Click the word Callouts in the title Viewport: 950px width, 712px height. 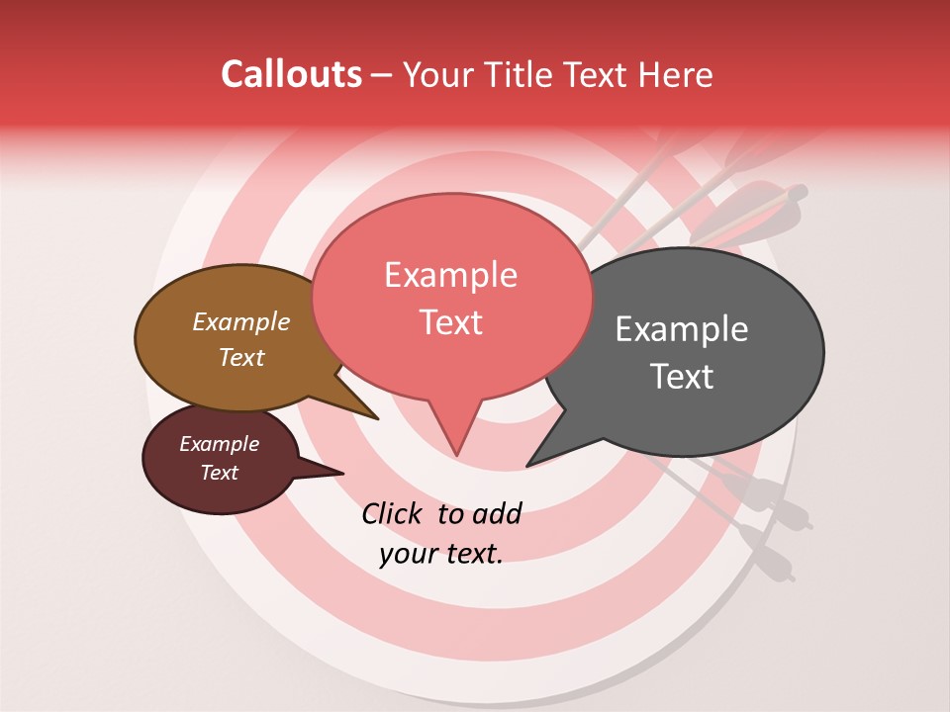[291, 74]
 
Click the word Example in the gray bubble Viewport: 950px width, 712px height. [681, 329]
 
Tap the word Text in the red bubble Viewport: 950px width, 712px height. [450, 322]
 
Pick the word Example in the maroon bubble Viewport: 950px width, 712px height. [219, 444]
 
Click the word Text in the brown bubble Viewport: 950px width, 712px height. [241, 357]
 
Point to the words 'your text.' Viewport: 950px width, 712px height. [440, 554]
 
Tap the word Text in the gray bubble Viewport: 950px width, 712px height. [683, 377]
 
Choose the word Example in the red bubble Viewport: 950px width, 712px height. [450, 275]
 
